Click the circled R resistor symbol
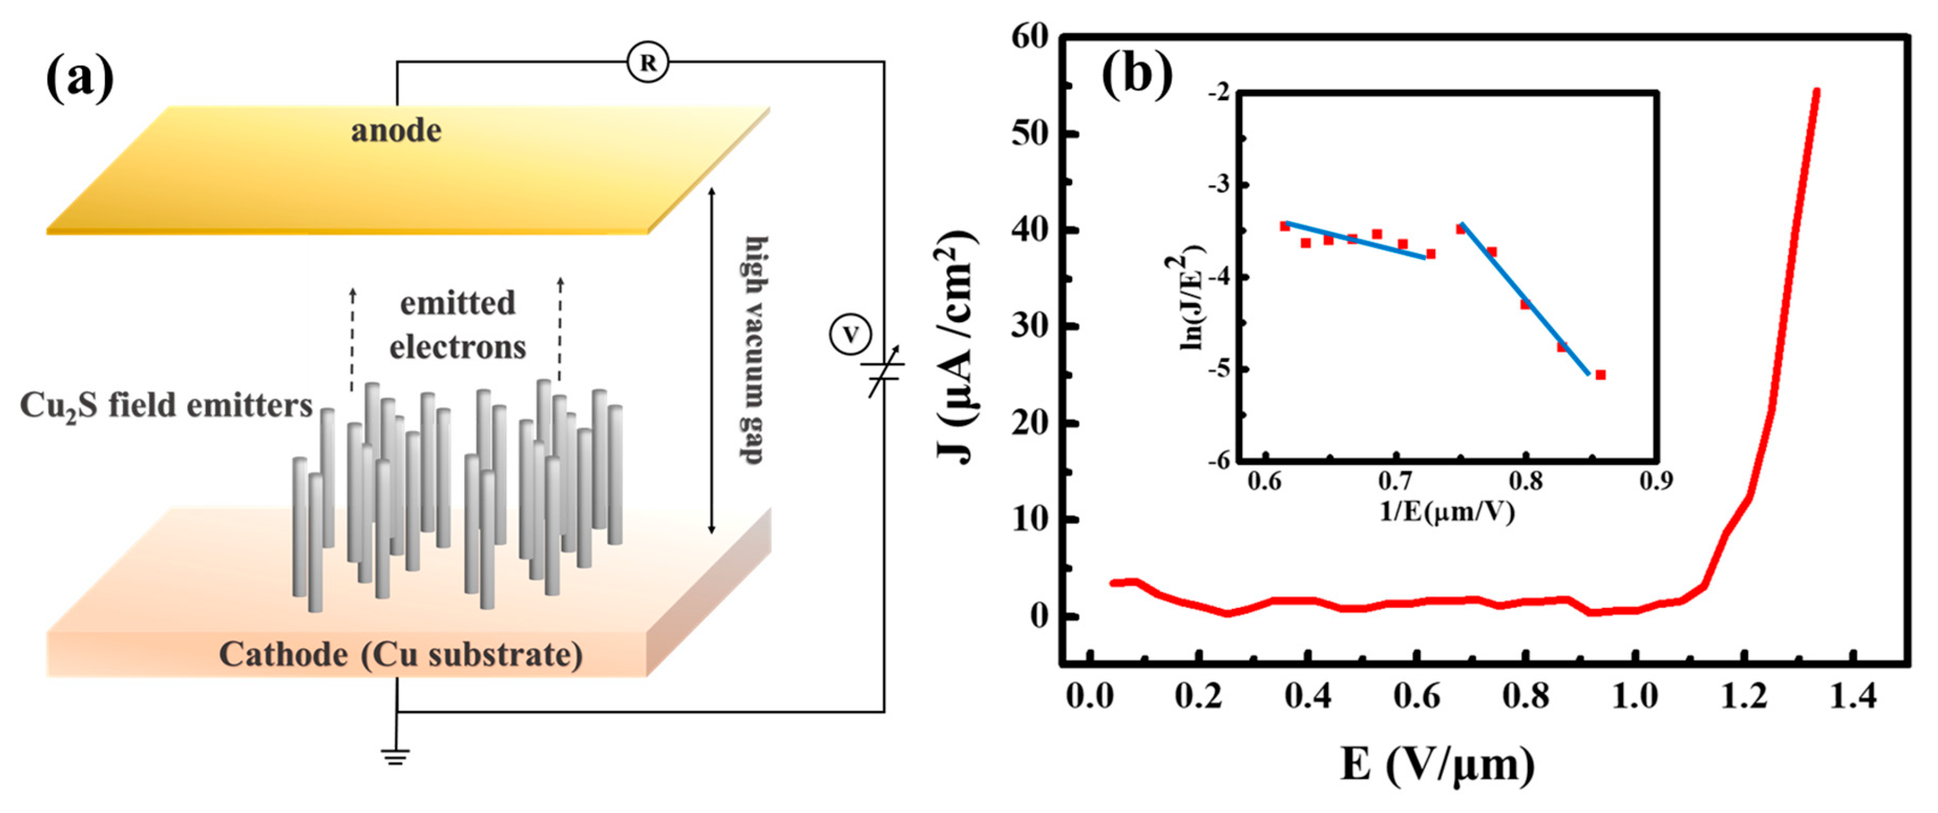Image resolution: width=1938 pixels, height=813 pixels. click(x=647, y=62)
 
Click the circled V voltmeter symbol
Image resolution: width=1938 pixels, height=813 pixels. click(x=850, y=335)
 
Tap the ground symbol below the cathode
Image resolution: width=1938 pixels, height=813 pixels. click(x=396, y=755)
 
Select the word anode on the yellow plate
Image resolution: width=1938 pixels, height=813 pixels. click(x=396, y=131)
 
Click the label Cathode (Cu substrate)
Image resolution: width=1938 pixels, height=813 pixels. click(x=400, y=654)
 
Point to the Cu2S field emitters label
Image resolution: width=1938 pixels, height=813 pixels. click(x=165, y=406)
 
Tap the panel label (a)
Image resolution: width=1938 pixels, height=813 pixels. click(x=80, y=79)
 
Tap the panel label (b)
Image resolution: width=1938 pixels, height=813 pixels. click(x=1137, y=75)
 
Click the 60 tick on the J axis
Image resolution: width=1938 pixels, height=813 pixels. click(x=1030, y=36)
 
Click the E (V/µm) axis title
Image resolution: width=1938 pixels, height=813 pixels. click(x=1437, y=766)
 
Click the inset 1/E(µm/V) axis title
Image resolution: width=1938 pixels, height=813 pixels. click(x=1446, y=511)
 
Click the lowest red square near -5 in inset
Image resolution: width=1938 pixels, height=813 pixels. click(x=1600, y=375)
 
